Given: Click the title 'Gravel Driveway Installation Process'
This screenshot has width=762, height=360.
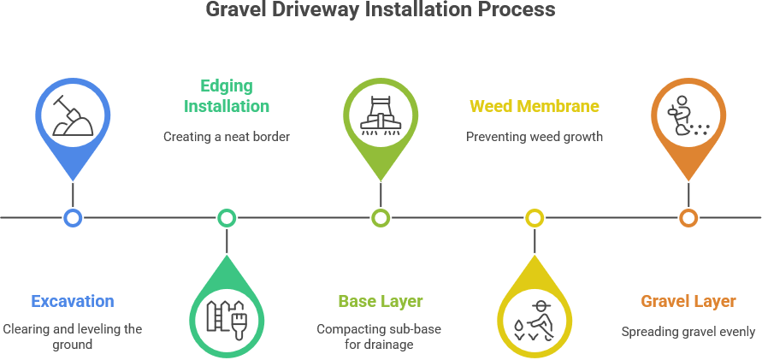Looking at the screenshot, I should (381, 10).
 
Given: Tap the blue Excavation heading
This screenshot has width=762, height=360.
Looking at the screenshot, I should (73, 301).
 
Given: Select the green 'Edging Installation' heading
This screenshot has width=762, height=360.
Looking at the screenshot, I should (227, 96).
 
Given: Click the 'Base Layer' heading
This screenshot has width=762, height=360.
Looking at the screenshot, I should (381, 301).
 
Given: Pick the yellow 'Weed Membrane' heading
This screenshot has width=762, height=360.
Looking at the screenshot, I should (535, 106).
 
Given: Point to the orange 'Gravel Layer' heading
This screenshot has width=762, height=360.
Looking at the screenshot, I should (688, 301).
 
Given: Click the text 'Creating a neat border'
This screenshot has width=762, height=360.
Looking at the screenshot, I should (227, 136).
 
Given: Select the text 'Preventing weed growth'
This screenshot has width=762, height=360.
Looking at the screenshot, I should (535, 136).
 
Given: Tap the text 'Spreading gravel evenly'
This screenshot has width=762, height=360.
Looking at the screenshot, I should (688, 332).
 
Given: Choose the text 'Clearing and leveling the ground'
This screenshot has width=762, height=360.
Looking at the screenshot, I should (73, 336).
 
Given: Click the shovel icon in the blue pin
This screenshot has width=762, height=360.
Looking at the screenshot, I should (73, 115).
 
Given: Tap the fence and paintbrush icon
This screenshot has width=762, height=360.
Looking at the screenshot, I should (227, 318).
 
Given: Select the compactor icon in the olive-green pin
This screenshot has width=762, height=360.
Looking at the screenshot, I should (381, 115).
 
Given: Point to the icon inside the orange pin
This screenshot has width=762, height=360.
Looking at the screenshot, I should (688, 115).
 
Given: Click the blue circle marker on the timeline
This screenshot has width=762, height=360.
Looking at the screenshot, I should (73, 218).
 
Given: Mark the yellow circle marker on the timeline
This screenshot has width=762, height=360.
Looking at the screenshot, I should (535, 218).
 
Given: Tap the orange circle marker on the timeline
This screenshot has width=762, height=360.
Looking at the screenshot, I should (688, 218).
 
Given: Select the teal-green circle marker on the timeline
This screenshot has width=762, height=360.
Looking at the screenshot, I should (227, 218).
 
